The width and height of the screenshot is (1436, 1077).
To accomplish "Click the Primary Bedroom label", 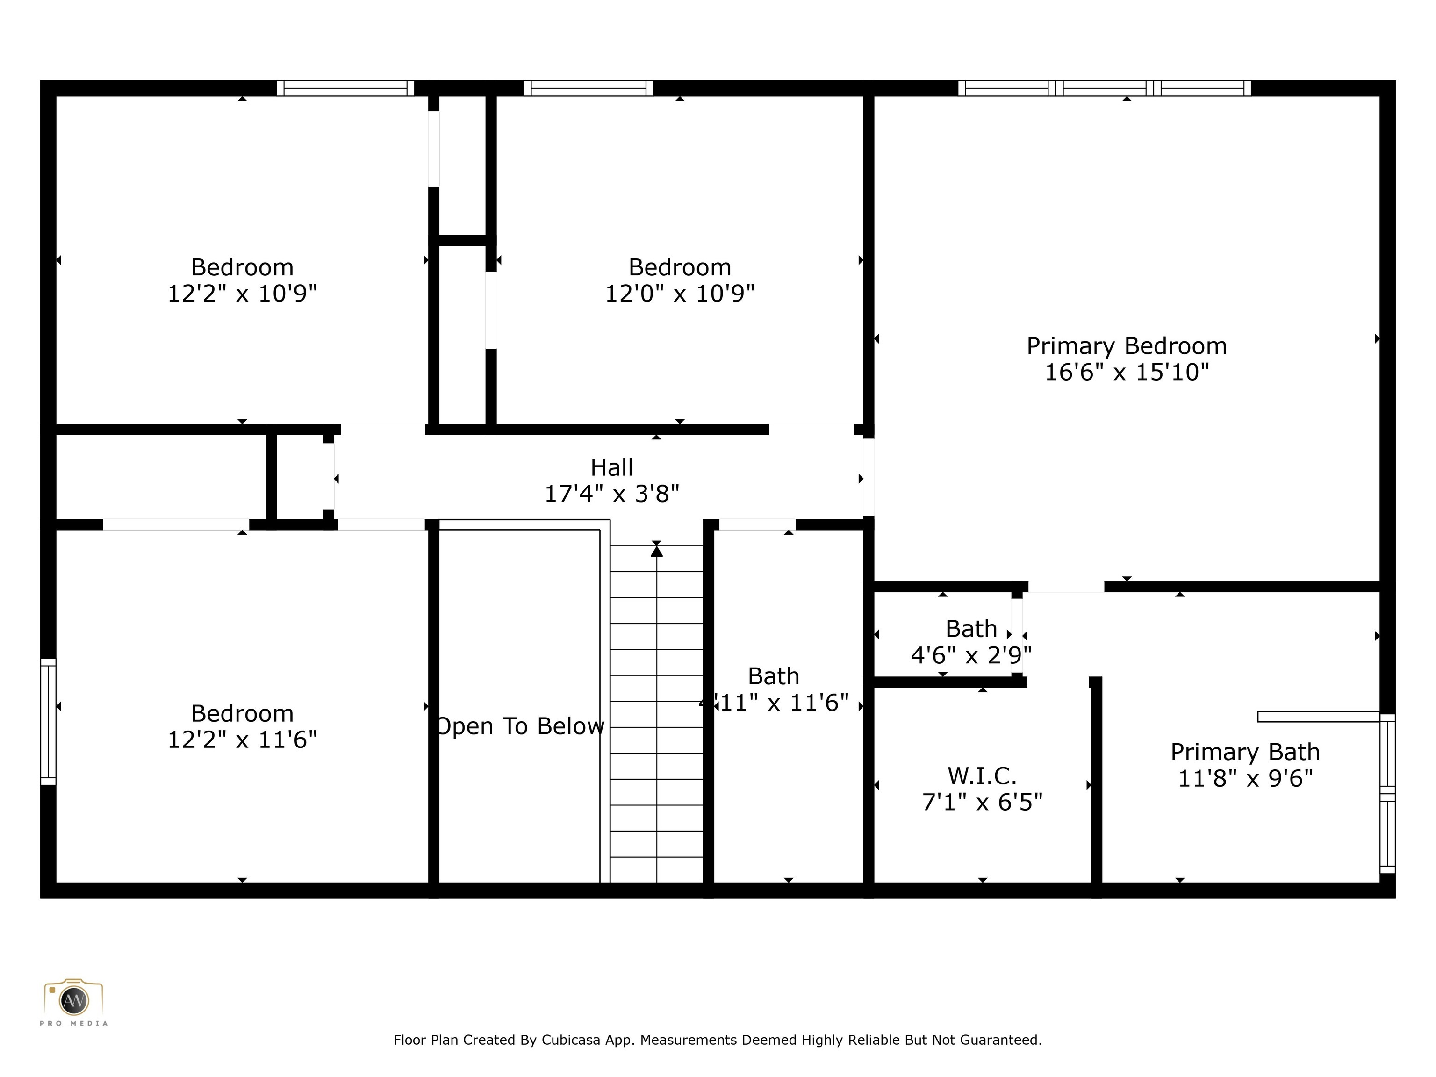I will pyautogui.click(x=1127, y=346).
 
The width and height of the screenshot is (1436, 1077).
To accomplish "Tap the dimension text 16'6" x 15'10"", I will pyautogui.click(x=1127, y=373).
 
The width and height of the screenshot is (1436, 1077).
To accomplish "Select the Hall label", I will pyautogui.click(x=611, y=467).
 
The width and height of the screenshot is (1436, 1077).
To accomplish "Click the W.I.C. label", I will pyautogui.click(x=982, y=776).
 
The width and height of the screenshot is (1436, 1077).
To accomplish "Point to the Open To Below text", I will pyautogui.click(x=519, y=726).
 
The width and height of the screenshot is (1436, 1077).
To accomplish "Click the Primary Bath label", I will pyautogui.click(x=1244, y=752).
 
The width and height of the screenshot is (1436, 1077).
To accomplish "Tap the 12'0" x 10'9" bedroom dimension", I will pyautogui.click(x=680, y=294).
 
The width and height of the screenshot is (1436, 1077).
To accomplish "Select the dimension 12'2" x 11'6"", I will pyautogui.click(x=242, y=740).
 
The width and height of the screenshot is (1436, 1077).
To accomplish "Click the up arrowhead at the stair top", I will pyautogui.click(x=656, y=551).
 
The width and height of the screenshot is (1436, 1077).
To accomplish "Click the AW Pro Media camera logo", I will pyautogui.click(x=73, y=1000).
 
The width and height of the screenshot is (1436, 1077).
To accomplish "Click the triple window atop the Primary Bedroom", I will pyautogui.click(x=1104, y=88).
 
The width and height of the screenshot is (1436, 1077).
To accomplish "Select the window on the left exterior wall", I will pyautogui.click(x=48, y=721).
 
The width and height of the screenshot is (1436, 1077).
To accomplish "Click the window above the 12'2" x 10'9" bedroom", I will pyautogui.click(x=345, y=88).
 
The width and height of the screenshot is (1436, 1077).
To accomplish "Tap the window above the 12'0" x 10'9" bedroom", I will pyautogui.click(x=588, y=88).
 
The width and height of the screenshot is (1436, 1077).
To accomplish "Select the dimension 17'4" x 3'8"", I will pyautogui.click(x=611, y=494).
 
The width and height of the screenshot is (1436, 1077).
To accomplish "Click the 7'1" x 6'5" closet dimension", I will pyautogui.click(x=982, y=803).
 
